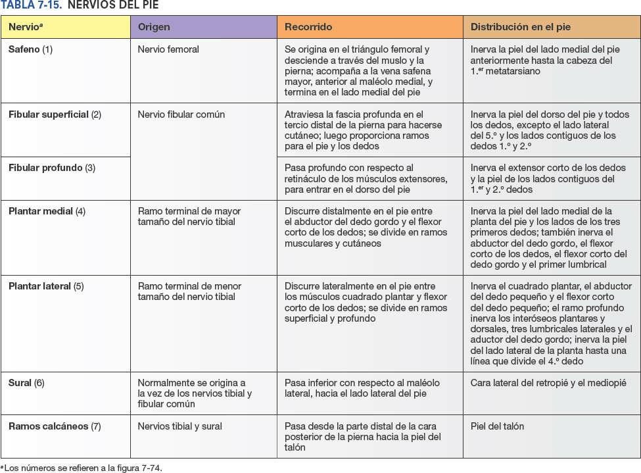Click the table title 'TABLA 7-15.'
tap(32, 5)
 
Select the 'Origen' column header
tap(154, 27)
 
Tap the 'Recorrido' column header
tap(308, 27)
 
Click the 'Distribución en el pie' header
tap(520, 27)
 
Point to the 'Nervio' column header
tap(25, 27)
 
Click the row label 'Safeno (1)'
tap(30, 49)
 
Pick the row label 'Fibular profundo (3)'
tap(51, 168)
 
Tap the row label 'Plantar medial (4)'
tap(47, 211)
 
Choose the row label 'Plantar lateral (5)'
tap(46, 286)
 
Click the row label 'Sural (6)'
tap(26, 383)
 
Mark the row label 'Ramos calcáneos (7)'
tap(55, 426)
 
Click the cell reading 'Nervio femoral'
tap(168, 49)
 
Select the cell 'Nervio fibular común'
tap(181, 114)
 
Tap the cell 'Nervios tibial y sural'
tap(179, 426)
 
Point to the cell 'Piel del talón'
tap(497, 426)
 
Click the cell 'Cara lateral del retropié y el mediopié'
tap(548, 383)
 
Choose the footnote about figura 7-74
tap(82, 468)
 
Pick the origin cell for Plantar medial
tap(189, 216)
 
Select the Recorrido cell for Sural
tap(362, 388)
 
